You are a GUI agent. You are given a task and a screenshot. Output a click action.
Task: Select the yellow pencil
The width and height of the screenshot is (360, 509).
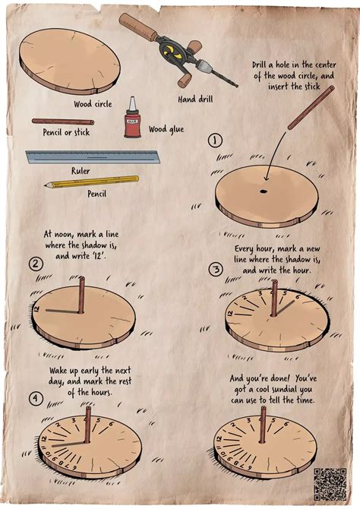click(90, 182)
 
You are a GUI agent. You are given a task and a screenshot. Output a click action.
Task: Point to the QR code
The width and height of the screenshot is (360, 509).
click(330, 483)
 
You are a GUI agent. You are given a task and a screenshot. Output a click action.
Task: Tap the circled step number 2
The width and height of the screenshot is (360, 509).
click(35, 264)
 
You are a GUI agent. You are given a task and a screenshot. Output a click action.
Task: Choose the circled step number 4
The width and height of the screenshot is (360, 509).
click(35, 397)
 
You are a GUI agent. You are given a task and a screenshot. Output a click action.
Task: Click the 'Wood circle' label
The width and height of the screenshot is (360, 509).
click(93, 103)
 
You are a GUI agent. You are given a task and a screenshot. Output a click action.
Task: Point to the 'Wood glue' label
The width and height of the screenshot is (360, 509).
click(167, 129)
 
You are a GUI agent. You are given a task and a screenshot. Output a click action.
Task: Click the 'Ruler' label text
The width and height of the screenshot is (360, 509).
click(81, 171)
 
